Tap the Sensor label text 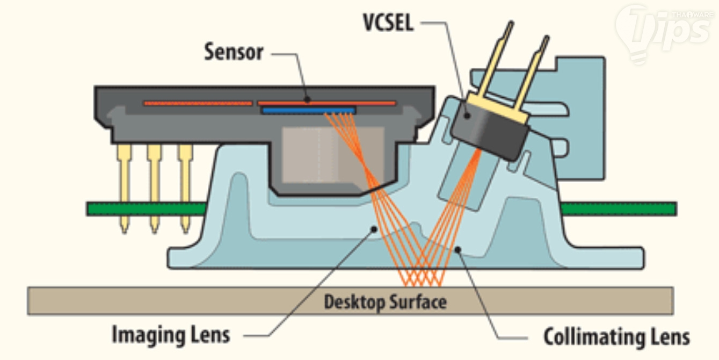tap(234, 53)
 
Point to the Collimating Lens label tap(616, 337)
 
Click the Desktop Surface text tap(384, 301)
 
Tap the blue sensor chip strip tap(308, 110)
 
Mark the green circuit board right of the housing tap(618, 208)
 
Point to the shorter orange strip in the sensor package tap(197, 103)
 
